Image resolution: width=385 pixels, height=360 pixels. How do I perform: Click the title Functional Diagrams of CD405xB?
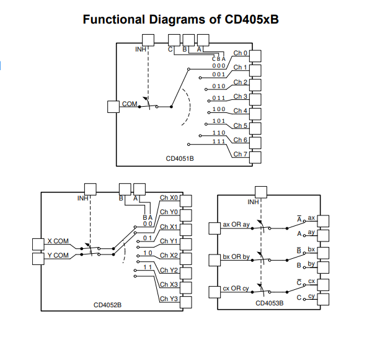[180, 19]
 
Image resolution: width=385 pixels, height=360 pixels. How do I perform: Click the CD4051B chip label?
[180, 158]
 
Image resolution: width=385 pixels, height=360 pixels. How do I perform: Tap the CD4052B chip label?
[107, 305]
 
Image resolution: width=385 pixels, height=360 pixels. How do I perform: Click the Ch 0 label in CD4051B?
[241, 53]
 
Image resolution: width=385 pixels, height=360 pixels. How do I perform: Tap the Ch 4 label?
[241, 111]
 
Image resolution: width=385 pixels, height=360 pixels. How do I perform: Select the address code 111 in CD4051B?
[219, 142]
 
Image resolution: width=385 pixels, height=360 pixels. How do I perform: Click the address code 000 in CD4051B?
[219, 65]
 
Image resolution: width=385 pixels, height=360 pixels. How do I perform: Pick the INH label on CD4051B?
[141, 48]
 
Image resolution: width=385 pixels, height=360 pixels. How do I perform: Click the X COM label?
[58, 241]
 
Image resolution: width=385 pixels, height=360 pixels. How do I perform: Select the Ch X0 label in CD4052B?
[169, 197]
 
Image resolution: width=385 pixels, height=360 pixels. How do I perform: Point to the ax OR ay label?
[236, 224]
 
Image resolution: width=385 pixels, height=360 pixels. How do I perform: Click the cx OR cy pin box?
[215, 292]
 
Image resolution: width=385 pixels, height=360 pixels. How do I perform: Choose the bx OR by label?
[236, 256]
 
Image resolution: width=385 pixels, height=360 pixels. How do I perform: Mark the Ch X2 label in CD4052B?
[169, 255]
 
